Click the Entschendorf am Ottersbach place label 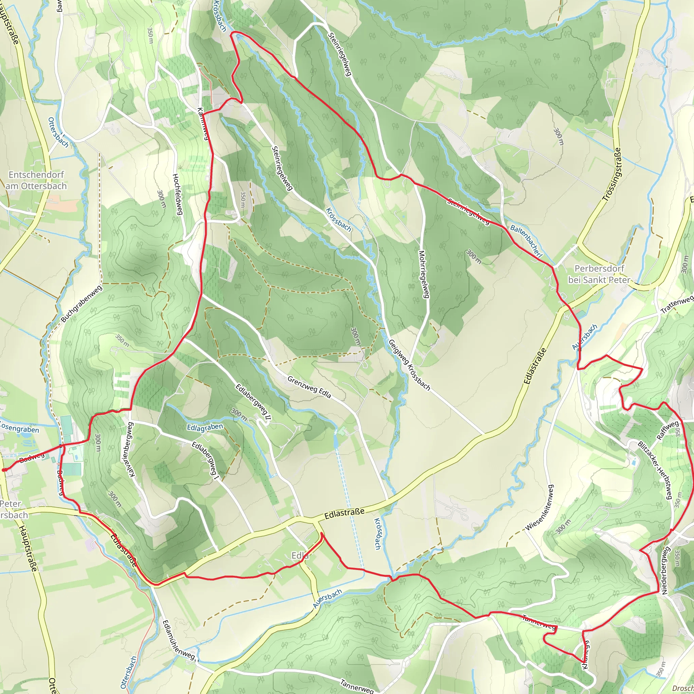(x=36, y=180)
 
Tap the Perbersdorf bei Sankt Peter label (x=599, y=274)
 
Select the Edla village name (x=300, y=556)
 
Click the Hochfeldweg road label (x=178, y=194)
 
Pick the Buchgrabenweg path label (x=82, y=304)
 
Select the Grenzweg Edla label (x=309, y=387)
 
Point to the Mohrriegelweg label (x=424, y=274)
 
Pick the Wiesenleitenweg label (x=540, y=508)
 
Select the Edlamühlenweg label (x=179, y=640)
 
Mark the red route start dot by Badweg (x=4, y=469)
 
